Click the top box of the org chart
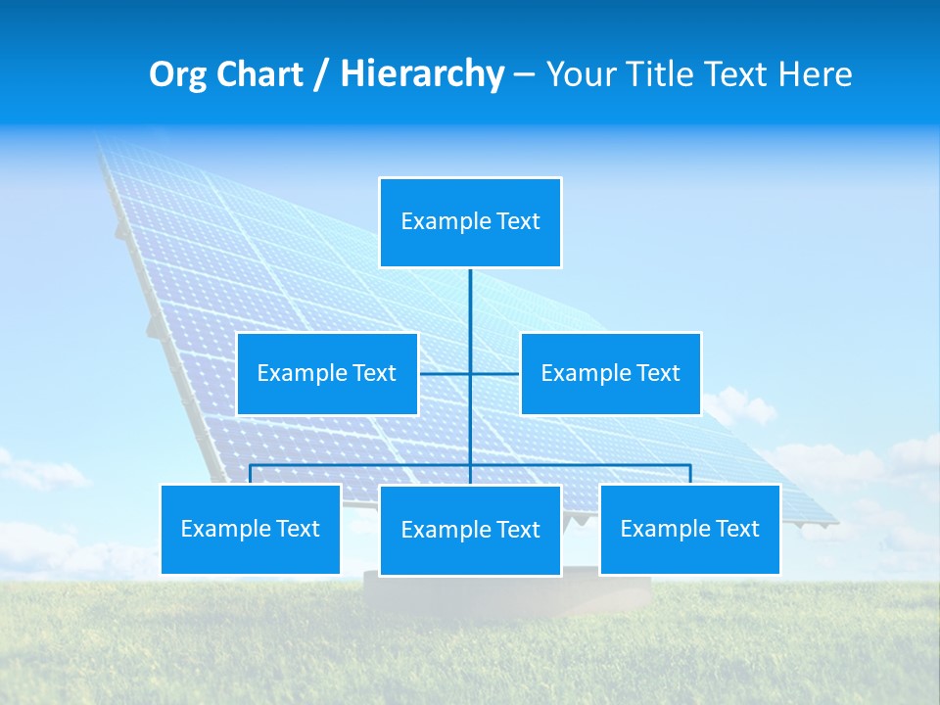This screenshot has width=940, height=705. tap(470, 222)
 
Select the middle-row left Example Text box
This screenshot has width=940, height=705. tap(327, 373)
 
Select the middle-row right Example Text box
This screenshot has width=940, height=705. tap(610, 373)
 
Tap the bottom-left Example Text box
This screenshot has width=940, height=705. tap(250, 529)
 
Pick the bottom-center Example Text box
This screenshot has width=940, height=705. tap(470, 530)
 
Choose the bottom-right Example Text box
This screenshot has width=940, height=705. tap(689, 529)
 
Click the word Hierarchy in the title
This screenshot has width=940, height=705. tap(421, 74)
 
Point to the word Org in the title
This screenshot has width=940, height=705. tap(177, 74)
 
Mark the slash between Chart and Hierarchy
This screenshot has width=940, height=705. tap(321, 74)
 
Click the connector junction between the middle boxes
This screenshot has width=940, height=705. tap(470, 373)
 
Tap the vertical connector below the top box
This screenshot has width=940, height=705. tap(470, 304)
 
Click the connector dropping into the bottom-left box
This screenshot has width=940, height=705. tap(250, 474)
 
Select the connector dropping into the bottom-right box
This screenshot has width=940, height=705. tap(689, 474)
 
